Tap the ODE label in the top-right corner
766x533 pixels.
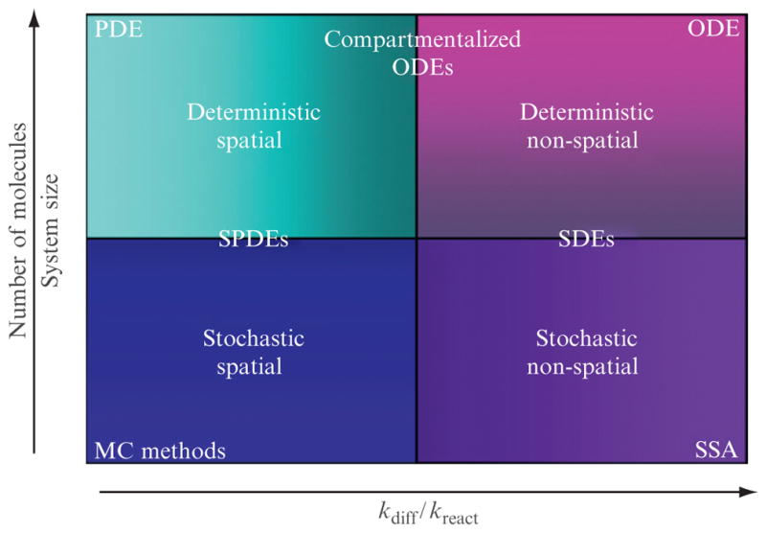[x=714, y=28]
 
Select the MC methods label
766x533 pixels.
[x=160, y=450]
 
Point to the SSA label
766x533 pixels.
[x=716, y=450]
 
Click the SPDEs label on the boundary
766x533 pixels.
[x=254, y=240]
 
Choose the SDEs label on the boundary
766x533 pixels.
[x=586, y=240]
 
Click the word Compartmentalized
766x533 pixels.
[x=421, y=39]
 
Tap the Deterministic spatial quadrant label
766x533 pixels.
[x=254, y=127]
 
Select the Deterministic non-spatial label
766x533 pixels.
[x=586, y=127]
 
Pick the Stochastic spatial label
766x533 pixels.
[x=254, y=352]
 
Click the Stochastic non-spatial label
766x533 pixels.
[x=586, y=352]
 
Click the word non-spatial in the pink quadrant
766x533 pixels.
[x=586, y=141]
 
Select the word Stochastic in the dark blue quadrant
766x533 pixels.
[x=254, y=338]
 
